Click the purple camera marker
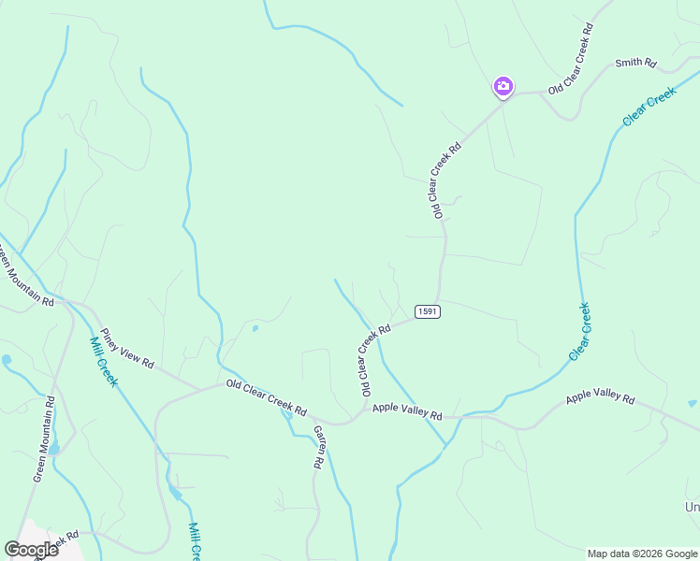pyautogui.click(x=503, y=87)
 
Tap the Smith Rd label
pyautogui.click(x=635, y=64)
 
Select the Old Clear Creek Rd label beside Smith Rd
pyautogui.click(x=571, y=59)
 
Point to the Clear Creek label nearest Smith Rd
pyautogui.click(x=649, y=107)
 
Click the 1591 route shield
pyautogui.click(x=427, y=311)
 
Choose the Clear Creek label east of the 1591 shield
pyautogui.click(x=580, y=332)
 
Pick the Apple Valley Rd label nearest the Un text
pyautogui.click(x=600, y=399)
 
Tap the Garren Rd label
pyautogui.click(x=318, y=447)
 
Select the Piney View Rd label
pyautogui.click(x=127, y=348)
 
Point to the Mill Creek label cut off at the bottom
pyautogui.click(x=195, y=540)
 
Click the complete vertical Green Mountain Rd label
pyautogui.click(x=45, y=439)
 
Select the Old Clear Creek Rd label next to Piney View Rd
pyautogui.click(x=266, y=397)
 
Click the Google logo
pyautogui.click(x=31, y=550)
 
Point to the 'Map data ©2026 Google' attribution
pyautogui.click(x=642, y=554)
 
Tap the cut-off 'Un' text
pyautogui.click(x=692, y=507)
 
